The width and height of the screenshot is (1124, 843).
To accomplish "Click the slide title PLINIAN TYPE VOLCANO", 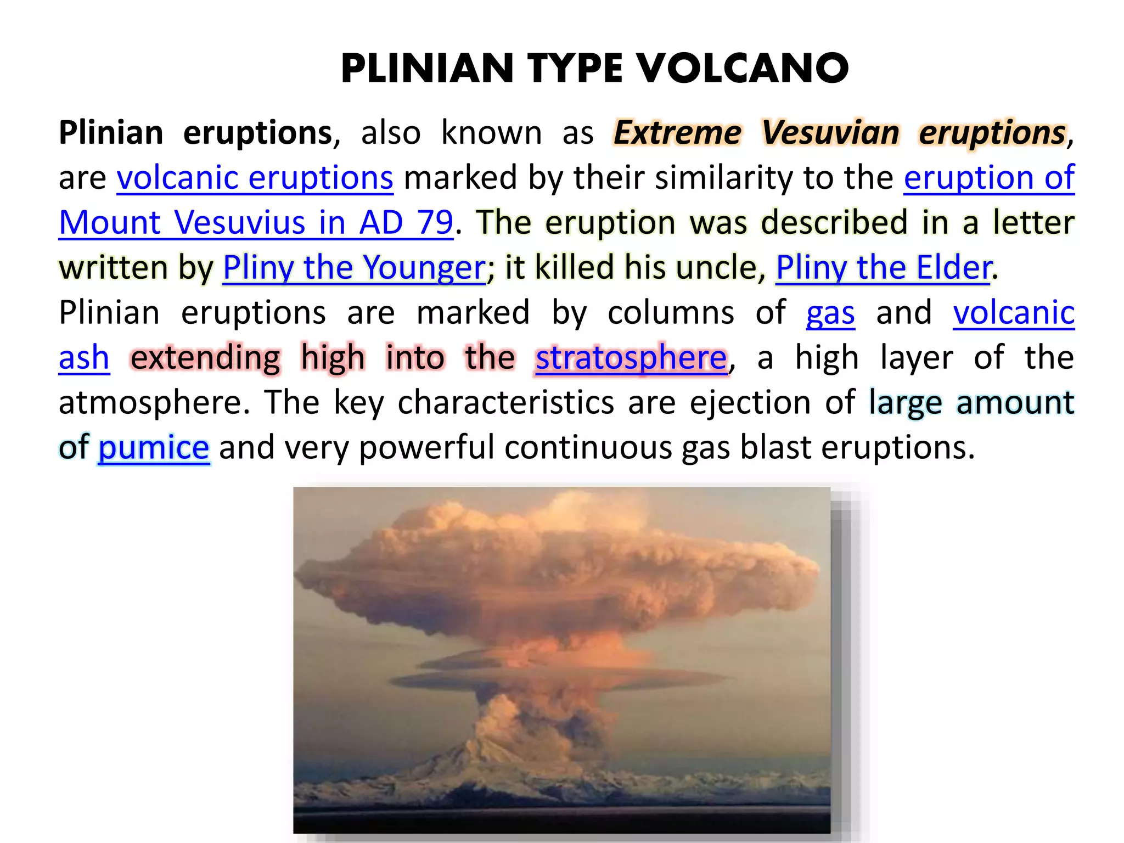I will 594,69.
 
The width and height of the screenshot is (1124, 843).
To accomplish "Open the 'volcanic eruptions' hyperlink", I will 255,178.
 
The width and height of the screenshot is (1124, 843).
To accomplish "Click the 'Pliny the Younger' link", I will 354,268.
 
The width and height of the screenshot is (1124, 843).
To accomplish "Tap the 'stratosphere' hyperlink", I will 631,358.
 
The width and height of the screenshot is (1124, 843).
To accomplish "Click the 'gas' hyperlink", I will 830,313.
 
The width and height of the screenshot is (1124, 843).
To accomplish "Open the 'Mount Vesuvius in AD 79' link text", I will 256,223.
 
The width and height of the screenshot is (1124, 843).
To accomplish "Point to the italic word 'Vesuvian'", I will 830,133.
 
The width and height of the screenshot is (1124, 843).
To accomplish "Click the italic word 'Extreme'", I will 678,133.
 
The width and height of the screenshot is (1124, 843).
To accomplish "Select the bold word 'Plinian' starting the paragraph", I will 111,133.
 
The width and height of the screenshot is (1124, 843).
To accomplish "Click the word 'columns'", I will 671,313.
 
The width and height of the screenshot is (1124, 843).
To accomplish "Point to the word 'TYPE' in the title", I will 575,69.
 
